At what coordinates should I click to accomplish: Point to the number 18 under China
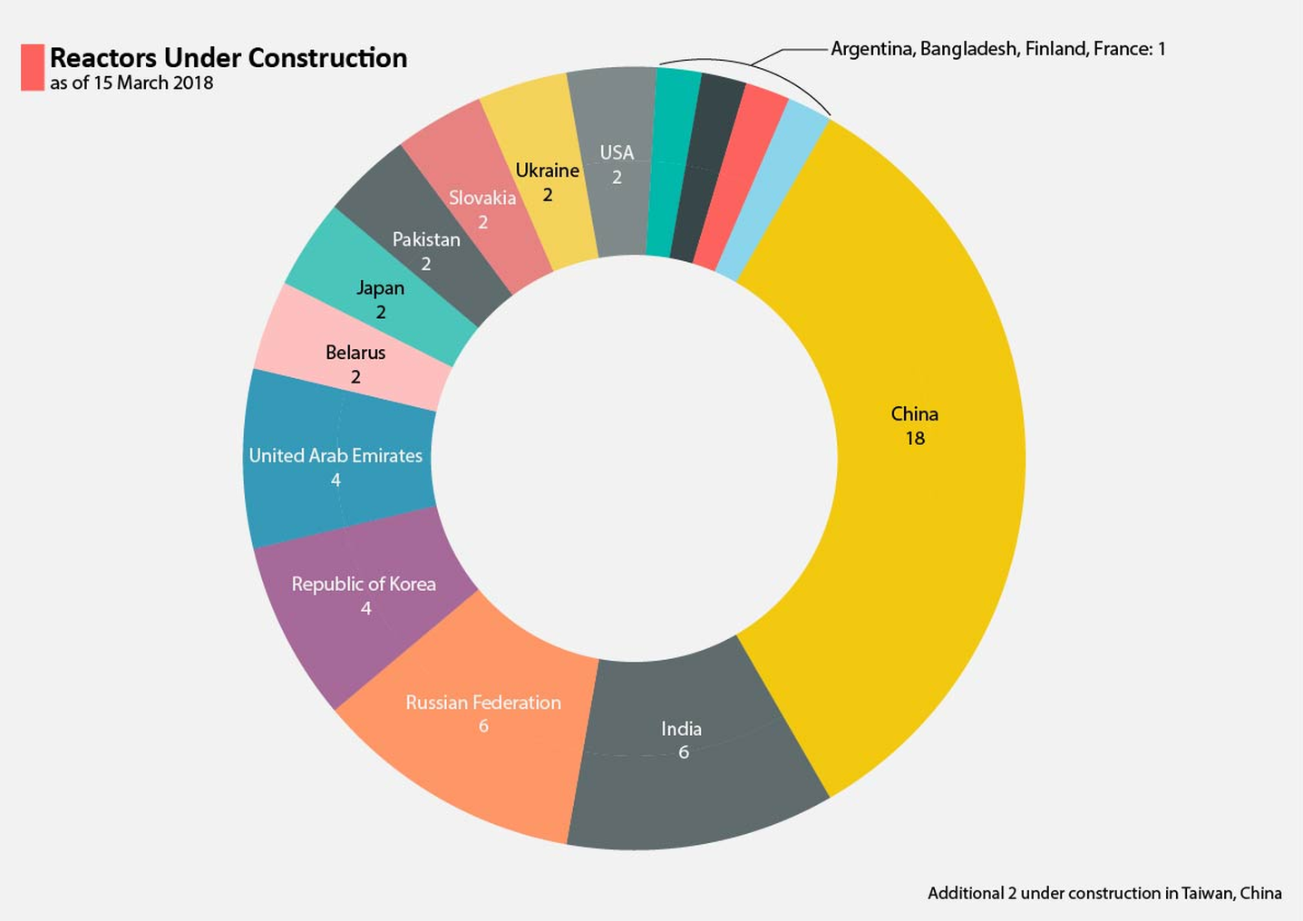tap(915, 439)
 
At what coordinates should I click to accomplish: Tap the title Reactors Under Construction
tap(229, 58)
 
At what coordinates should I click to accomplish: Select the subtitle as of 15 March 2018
tap(131, 83)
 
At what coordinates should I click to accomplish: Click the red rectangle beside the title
tap(33, 68)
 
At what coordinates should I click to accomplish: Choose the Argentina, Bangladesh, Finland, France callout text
tap(997, 49)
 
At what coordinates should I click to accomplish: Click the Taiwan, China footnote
tap(1104, 893)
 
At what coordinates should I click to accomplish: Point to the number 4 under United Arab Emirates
tap(335, 480)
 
